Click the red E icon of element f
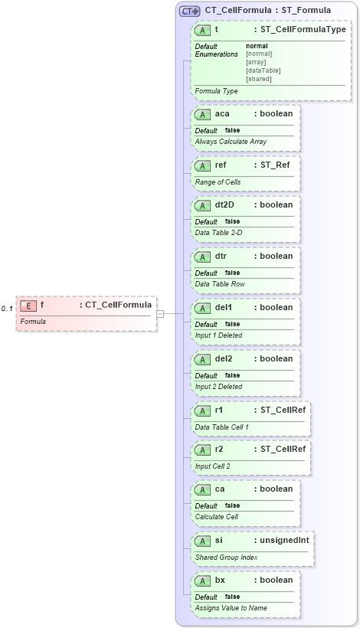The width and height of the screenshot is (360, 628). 28,306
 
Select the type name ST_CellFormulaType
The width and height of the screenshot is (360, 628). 303,30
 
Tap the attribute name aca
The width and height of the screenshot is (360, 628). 222,114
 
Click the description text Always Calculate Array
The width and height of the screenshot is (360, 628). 231,142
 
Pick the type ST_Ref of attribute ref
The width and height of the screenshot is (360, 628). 274,164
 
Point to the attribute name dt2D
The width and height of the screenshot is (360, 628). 225,205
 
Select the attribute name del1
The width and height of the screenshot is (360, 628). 224,308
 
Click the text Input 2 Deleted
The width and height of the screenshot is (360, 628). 218,387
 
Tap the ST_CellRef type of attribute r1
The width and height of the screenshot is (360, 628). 283,410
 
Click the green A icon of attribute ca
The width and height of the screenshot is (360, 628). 203,489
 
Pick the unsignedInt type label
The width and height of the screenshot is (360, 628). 283,540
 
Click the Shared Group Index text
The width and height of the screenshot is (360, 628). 227,558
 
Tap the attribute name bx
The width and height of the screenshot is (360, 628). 220,581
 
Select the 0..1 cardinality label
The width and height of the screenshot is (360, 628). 7,309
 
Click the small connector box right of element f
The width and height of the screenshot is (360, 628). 160,313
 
